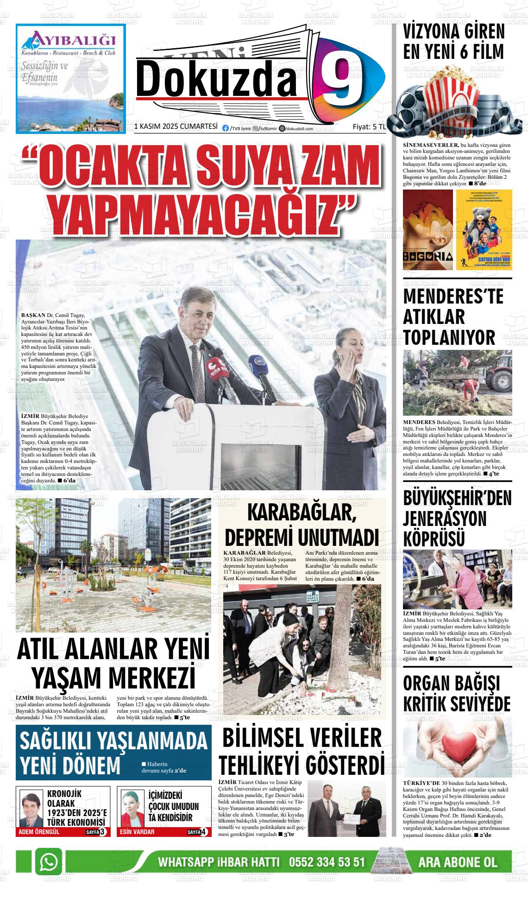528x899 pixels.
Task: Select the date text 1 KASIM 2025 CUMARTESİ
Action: pos(176,127)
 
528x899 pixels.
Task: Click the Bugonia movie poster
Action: pos(427,230)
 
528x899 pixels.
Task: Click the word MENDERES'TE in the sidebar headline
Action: pos(453,297)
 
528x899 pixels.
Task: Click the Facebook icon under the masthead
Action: pos(226,129)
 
